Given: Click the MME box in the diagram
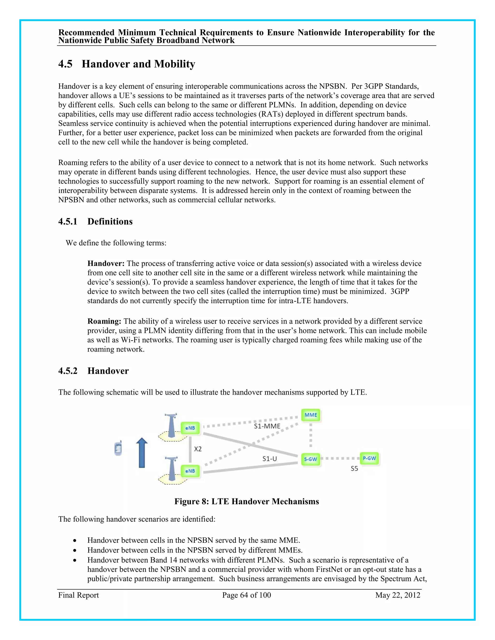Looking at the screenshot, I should click(x=311, y=415).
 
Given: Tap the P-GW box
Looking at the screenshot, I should click(x=369, y=458).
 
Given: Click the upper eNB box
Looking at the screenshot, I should click(x=190, y=428).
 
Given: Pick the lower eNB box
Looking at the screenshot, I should click(x=190, y=471).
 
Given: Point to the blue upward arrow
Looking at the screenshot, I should click(x=142, y=453).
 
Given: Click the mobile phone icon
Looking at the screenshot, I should click(x=118, y=448).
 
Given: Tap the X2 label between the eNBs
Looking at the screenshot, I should click(x=198, y=449).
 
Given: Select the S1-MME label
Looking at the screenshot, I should click(x=267, y=426).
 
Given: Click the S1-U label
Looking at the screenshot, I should click(x=269, y=459).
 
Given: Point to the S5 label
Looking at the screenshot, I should click(x=354, y=469).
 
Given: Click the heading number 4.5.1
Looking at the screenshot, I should click(x=68, y=221).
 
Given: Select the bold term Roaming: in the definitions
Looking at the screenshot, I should click(x=104, y=321).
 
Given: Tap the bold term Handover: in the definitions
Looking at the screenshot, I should click(x=106, y=263).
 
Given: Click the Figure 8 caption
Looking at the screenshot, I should click(x=246, y=501).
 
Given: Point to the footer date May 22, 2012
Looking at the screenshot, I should click(x=398, y=595).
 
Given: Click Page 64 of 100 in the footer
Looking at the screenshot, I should click(x=246, y=595).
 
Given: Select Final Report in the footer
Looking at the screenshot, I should click(x=79, y=595).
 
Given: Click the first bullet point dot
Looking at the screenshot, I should click(x=75, y=540).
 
